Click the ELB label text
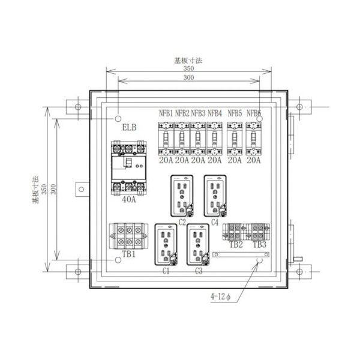129,128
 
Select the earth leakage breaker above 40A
129,169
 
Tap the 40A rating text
129,200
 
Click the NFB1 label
166,113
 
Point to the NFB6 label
254,113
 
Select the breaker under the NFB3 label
199,139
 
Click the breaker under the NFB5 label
235,139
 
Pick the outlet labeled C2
183,196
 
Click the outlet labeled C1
166,245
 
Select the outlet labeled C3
199,245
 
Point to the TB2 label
236,245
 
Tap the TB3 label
259,245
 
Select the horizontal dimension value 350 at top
189,70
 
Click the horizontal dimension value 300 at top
189,79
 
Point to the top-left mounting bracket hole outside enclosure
77,107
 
